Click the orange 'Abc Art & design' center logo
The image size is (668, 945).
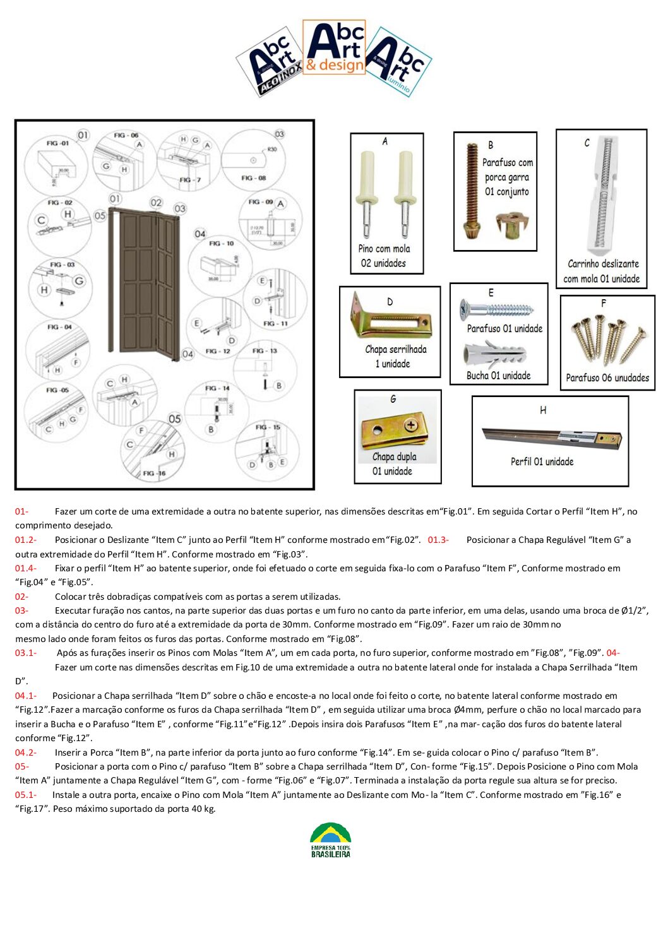coord(334,48)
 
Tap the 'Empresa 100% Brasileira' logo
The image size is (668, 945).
coord(330,840)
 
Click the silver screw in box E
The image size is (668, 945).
coord(497,309)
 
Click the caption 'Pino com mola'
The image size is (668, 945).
coord(384,249)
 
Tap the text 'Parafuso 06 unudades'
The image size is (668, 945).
coord(607,378)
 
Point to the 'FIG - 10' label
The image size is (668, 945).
coord(221,243)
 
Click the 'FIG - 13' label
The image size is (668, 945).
coord(265,350)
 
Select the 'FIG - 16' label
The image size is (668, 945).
coord(154,473)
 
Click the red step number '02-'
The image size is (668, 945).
coord(22,597)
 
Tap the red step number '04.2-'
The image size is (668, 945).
coord(26,752)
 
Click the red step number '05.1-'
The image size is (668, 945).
coord(26,795)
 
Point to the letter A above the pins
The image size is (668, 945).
coord(385,141)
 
